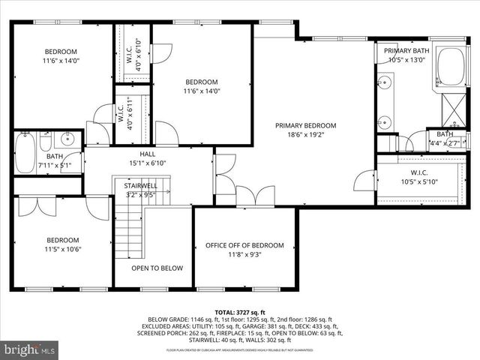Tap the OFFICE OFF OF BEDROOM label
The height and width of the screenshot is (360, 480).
click(x=244, y=245)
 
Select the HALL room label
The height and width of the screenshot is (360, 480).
click(x=148, y=154)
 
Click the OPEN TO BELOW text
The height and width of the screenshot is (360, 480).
click(x=152, y=268)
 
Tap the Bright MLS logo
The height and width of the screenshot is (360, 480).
click(x=30, y=349)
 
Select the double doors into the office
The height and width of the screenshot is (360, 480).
click(x=255, y=196)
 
